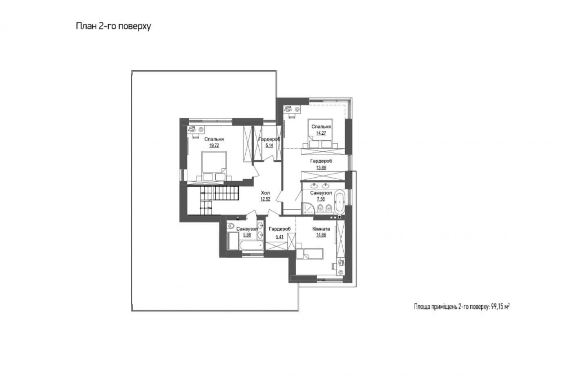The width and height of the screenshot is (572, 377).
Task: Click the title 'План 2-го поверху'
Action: [x=114, y=26]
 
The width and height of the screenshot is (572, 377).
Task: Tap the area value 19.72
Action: [x=214, y=145]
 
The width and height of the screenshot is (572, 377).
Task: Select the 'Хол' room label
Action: [x=265, y=193]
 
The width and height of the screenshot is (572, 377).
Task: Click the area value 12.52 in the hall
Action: [x=265, y=199]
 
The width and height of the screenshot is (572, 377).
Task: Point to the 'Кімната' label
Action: [x=321, y=229]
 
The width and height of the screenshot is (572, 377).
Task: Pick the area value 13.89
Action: [x=321, y=168]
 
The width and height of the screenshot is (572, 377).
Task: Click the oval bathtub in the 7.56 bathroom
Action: [x=340, y=202]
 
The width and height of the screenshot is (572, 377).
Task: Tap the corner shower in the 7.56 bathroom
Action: [x=308, y=208]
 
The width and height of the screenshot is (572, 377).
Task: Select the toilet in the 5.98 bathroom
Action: [x=230, y=226]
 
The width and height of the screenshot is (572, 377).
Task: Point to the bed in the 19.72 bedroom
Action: [x=214, y=166]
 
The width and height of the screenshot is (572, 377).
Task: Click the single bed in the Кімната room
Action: [x=310, y=253]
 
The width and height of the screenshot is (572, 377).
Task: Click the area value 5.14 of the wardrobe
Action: [x=269, y=145]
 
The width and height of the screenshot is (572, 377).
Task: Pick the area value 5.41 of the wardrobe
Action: [x=279, y=236]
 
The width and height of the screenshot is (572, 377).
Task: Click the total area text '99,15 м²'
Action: [x=500, y=307]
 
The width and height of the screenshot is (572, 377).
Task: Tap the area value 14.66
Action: [x=321, y=235]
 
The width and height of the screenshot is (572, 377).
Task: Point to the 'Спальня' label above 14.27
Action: [x=321, y=127]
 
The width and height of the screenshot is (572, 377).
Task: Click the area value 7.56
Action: [x=321, y=199]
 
